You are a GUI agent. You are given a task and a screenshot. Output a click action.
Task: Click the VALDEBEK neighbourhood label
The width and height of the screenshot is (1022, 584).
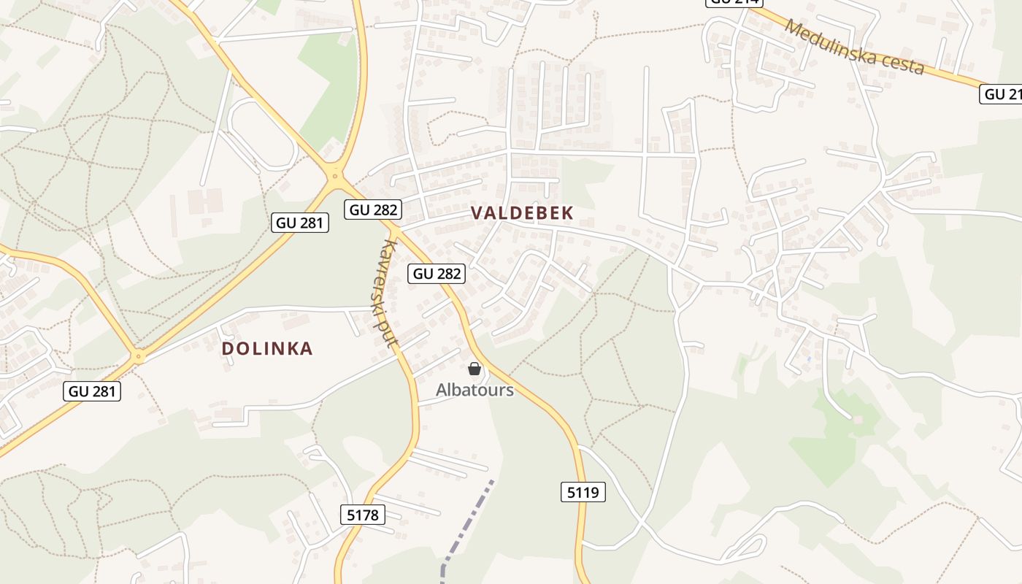[x=522, y=213]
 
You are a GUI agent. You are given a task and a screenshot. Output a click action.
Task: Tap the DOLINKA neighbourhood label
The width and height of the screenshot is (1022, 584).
[x=267, y=349]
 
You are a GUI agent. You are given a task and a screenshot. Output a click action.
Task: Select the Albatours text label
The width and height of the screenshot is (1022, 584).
[x=474, y=390]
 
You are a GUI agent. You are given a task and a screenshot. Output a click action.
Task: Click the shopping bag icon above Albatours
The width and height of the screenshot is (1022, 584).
[x=474, y=369]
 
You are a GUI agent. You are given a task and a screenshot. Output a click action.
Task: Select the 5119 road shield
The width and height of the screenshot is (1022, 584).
[x=583, y=493]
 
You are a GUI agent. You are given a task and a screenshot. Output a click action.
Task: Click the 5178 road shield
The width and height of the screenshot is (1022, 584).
[x=363, y=515]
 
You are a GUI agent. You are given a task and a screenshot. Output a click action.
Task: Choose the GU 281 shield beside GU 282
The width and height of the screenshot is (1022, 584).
[x=300, y=223]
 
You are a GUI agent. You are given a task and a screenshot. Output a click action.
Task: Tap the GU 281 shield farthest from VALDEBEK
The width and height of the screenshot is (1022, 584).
[x=93, y=391]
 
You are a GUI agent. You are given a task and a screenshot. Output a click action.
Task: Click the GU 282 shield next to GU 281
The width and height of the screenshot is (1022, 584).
[x=374, y=210]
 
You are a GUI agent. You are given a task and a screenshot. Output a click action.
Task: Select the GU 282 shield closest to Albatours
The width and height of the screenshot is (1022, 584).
[x=437, y=274]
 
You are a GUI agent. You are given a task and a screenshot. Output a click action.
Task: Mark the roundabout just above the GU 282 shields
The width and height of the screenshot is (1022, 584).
[x=335, y=174]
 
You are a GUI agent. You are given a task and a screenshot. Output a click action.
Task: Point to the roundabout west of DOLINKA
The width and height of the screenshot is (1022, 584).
[x=138, y=357]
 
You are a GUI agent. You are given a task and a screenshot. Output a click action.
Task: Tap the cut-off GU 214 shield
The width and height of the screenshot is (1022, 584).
[x=734, y=3]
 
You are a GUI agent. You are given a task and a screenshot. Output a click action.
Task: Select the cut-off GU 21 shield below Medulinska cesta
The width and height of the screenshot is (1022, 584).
[x=1002, y=94]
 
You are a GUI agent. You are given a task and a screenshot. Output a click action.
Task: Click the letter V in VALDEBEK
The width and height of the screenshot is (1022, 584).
[x=477, y=213]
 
